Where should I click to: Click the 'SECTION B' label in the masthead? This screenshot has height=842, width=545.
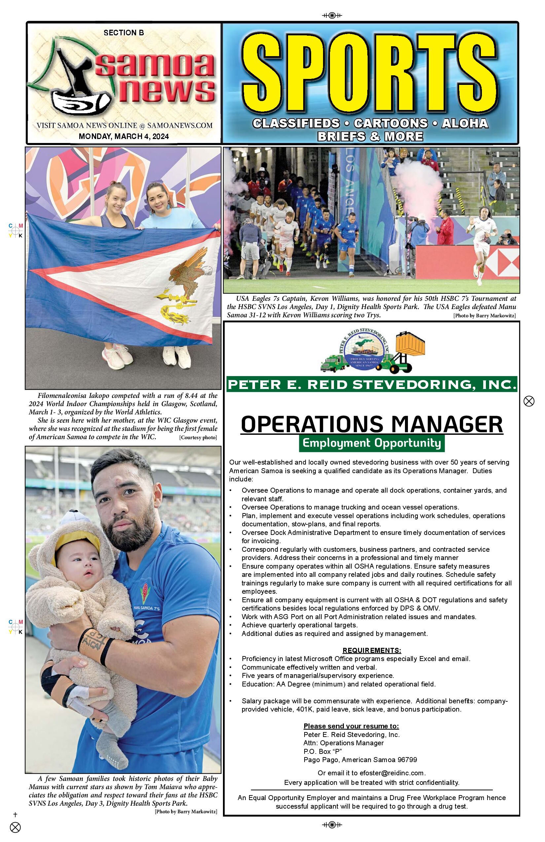[124, 33]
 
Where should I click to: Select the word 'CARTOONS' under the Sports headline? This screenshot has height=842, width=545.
[391, 123]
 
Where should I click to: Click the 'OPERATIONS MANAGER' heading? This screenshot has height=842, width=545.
[372, 424]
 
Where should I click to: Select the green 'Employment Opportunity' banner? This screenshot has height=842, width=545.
[372, 443]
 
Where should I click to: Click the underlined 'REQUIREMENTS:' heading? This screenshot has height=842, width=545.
[372, 650]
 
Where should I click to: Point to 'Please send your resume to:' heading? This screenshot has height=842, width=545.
[351, 726]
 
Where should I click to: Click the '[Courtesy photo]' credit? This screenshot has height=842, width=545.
[198, 438]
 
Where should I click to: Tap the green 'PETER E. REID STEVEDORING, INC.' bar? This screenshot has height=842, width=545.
[372, 385]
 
